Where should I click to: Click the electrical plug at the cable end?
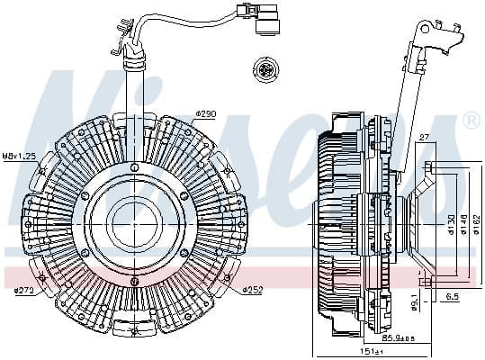point(265,21)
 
